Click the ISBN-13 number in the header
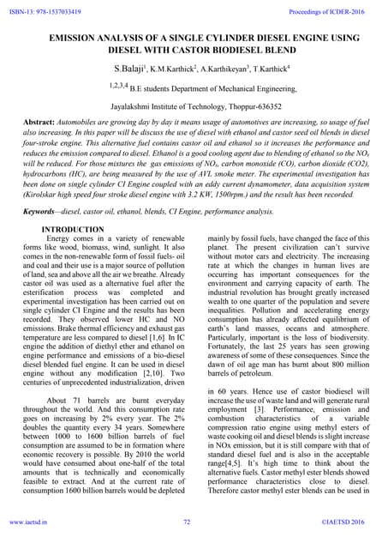(43, 9)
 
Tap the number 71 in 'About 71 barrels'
(83, 401)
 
